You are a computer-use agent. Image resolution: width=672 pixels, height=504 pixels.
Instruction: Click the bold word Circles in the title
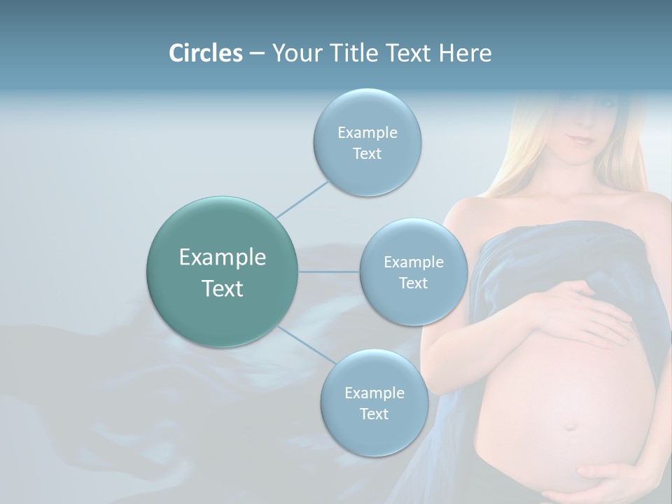pyautogui.click(x=205, y=53)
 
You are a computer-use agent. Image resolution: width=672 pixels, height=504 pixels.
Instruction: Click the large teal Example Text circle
pyautogui.click(x=223, y=272)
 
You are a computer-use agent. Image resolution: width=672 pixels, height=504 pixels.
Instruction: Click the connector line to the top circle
pyautogui.click(x=302, y=199)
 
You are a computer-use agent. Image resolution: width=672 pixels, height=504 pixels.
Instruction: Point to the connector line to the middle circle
pyautogui.click(x=329, y=272)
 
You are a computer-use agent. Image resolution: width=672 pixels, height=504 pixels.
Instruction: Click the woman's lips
pyautogui.click(x=580, y=138)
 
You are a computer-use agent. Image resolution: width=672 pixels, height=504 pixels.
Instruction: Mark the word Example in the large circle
pyautogui.click(x=223, y=258)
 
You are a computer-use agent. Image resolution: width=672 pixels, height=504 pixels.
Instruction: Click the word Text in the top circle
pyautogui.click(x=367, y=154)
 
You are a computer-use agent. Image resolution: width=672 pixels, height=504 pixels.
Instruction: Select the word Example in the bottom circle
pyautogui.click(x=374, y=393)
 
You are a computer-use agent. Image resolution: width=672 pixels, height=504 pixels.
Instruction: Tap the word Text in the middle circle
pyautogui.click(x=413, y=283)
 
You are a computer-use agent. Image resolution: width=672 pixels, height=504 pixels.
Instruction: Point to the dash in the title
pyautogui.click(x=256, y=54)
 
